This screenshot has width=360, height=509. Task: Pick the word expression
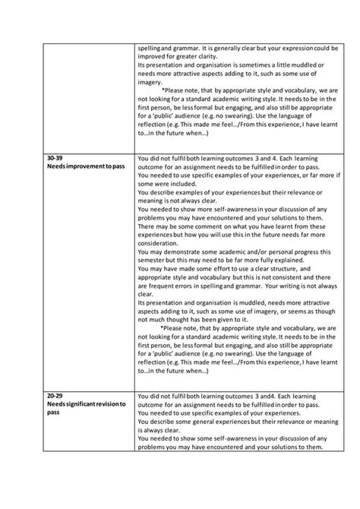tap(289, 46)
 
